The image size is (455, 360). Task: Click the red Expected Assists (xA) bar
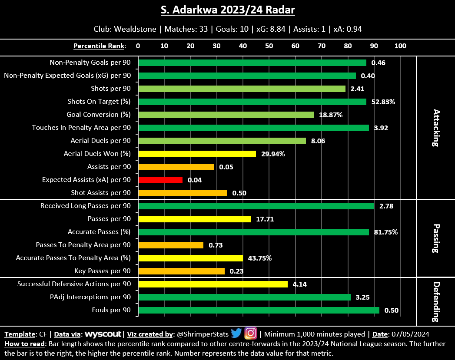(x=160, y=180)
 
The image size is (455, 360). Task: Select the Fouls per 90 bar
(x=259, y=310)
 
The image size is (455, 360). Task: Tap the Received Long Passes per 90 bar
(x=256, y=206)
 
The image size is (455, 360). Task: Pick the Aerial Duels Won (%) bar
(x=196, y=154)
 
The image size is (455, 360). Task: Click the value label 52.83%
(x=383, y=102)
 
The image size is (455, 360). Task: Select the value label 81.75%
(x=385, y=232)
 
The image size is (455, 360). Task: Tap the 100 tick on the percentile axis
(x=400, y=46)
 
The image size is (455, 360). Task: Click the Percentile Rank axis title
(x=100, y=46)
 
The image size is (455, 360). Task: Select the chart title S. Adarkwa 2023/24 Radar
(x=228, y=10)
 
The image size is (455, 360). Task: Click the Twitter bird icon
(x=236, y=334)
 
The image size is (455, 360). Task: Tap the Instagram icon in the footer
(x=250, y=334)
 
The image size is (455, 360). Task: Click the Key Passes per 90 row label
(x=103, y=271)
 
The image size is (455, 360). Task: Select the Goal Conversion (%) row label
(x=99, y=115)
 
